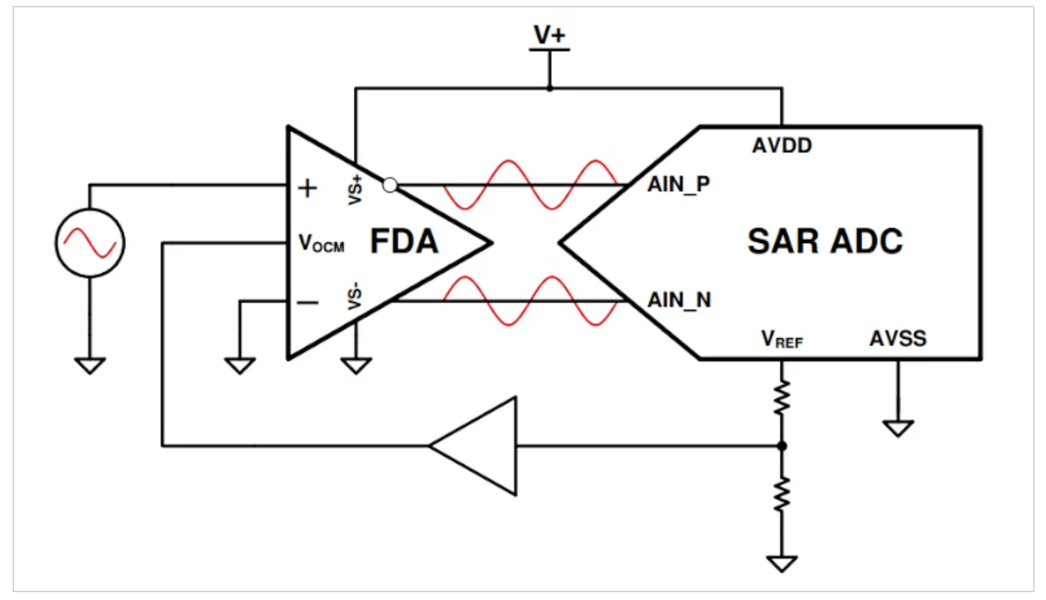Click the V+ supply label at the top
click(549, 35)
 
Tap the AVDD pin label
click(782, 146)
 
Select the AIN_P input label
click(678, 184)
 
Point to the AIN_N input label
click(679, 300)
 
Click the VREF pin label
click(781, 339)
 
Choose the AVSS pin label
click(898, 338)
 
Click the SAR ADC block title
click(825, 242)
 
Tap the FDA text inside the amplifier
click(404, 242)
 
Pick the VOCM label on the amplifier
click(321, 244)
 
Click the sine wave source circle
click(90, 243)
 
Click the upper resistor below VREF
click(782, 398)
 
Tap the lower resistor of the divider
click(782, 494)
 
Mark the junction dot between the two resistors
click(782, 446)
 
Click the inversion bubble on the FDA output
click(390, 185)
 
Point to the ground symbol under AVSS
click(898, 428)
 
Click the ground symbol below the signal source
click(90, 366)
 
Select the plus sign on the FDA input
click(307, 189)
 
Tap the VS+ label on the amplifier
click(355, 189)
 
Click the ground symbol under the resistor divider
click(782, 564)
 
